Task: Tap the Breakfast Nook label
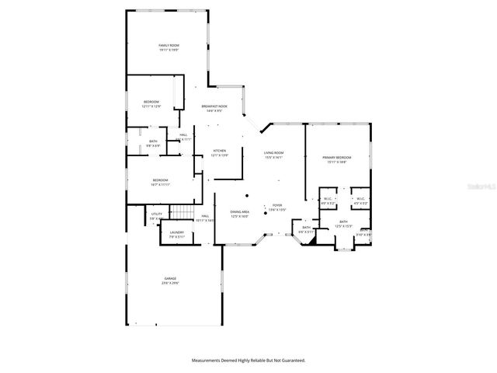(214, 108)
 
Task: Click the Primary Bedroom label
(339, 159)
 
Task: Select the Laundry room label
(177, 234)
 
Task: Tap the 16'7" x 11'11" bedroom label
(161, 182)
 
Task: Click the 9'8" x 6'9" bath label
(153, 143)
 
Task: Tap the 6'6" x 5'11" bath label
(306, 229)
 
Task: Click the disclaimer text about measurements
(248, 361)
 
